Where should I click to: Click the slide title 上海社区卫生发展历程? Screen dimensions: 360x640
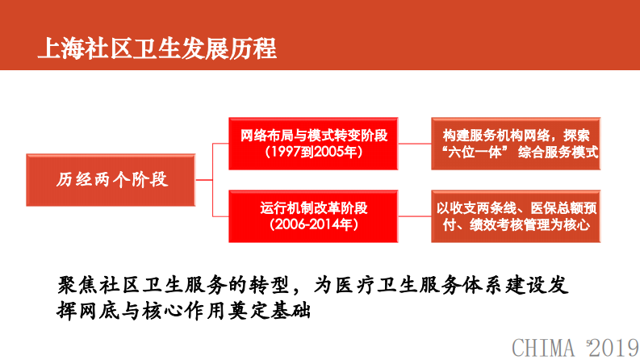(157, 48)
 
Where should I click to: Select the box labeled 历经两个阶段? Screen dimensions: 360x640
(113, 178)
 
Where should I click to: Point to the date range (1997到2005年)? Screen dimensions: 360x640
(315, 152)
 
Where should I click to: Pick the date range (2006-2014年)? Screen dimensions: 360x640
(315, 224)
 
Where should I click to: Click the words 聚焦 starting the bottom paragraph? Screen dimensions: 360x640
(77, 285)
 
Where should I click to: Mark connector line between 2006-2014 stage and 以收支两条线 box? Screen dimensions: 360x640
(416, 216)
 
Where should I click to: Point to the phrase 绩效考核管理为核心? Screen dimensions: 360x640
(538, 225)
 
